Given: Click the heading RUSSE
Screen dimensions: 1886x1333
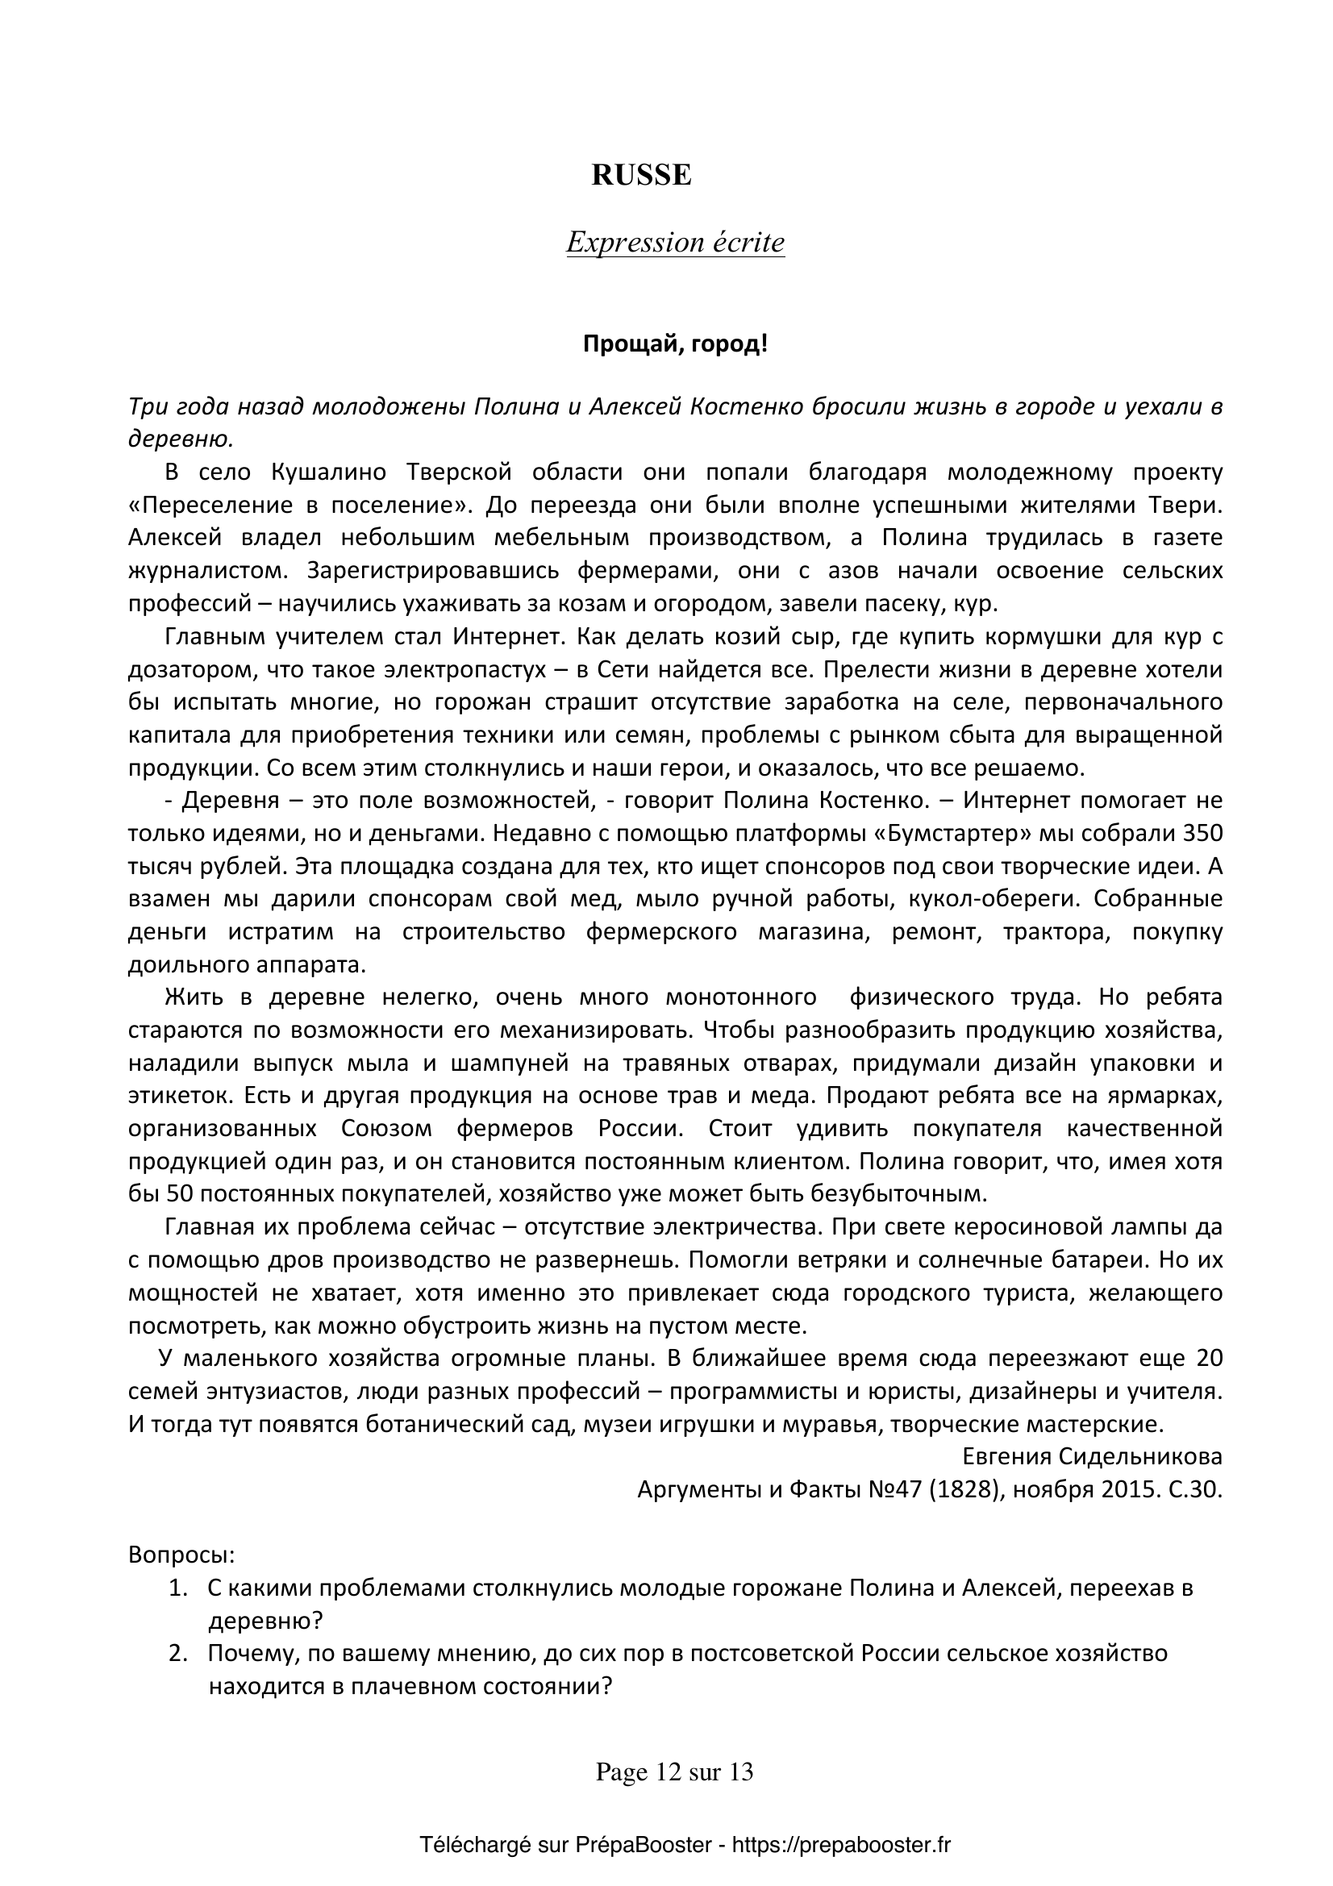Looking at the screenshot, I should [x=641, y=176].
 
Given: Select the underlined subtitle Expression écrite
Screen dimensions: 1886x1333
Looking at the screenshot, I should [x=675, y=243].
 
